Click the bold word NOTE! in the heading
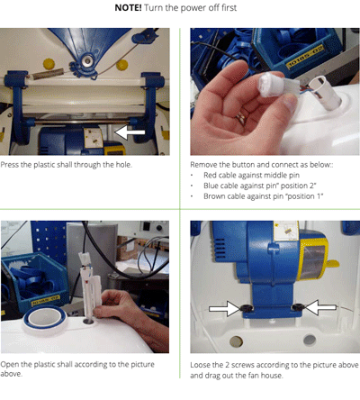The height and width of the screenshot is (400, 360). [128, 8]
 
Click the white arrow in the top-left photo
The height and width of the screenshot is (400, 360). [130, 132]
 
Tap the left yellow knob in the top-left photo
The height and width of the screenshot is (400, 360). [49, 64]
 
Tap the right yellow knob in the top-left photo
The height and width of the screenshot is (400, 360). [121, 65]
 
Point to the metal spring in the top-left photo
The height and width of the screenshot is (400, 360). [48, 74]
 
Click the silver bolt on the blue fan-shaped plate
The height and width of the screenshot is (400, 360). [87, 61]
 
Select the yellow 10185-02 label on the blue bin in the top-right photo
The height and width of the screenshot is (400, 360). [305, 57]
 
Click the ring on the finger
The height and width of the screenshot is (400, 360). [242, 118]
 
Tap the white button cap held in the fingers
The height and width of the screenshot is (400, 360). [271, 84]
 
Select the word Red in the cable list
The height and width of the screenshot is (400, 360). [211, 175]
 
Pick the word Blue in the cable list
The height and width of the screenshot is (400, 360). [211, 186]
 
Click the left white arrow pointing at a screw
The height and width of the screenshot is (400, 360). [225, 308]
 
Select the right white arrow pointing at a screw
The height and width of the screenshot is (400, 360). [320, 307]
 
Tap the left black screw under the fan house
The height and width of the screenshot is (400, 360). [247, 308]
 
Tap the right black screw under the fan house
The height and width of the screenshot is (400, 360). [298, 307]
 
